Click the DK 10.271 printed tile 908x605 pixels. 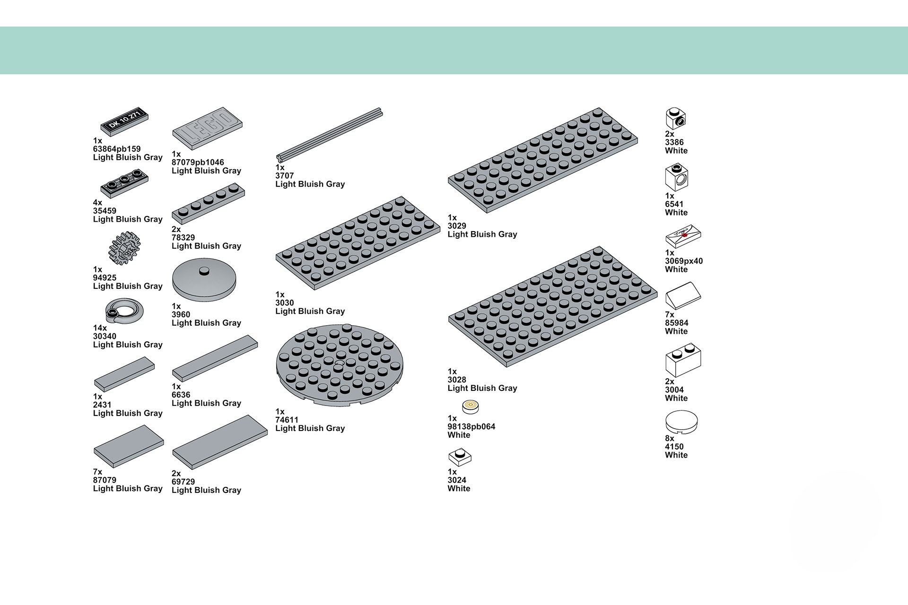(x=124, y=121)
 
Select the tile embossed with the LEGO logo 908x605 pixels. (x=207, y=128)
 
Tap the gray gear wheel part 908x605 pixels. (x=125, y=248)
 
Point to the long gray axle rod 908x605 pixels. (x=329, y=135)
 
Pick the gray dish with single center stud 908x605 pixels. (x=204, y=280)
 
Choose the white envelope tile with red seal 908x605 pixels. (x=683, y=236)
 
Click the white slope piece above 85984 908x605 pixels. (x=683, y=296)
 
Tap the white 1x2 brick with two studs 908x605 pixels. (x=683, y=360)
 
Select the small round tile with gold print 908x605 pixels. (x=470, y=406)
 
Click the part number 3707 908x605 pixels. (x=285, y=176)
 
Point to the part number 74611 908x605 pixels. (x=287, y=420)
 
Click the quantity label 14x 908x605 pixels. (x=100, y=328)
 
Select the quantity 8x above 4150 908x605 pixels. (x=670, y=438)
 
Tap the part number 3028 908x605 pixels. (x=457, y=380)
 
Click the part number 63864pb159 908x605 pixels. (x=117, y=149)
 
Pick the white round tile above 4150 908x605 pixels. (x=681, y=422)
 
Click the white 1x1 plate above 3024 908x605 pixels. (x=460, y=457)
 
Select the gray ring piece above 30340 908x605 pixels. (x=124, y=311)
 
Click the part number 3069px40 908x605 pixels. (x=684, y=261)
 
